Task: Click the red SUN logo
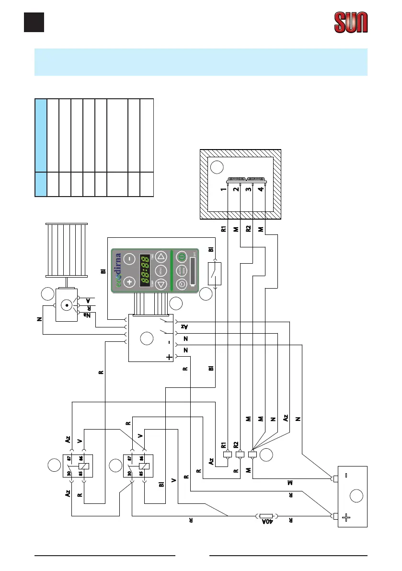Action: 351,23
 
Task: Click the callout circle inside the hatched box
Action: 217,168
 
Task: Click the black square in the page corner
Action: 34,22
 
